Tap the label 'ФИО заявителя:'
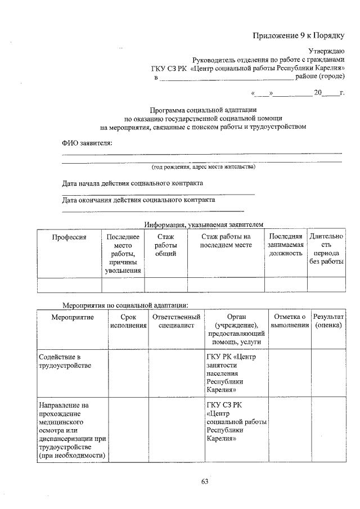pyautogui.click(x=87, y=143)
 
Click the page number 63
pyautogui.click(x=204, y=481)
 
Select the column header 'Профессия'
pyautogui.click(x=69, y=237)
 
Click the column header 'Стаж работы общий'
pyautogui.click(x=165, y=245)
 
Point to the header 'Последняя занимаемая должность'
pyautogui.click(x=285, y=245)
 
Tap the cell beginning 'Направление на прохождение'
pyautogui.click(x=72, y=430)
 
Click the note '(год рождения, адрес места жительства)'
pyautogui.click(x=203, y=167)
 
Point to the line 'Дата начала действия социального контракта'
pyautogui.click(x=132, y=183)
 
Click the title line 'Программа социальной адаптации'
pyautogui.click(x=203, y=110)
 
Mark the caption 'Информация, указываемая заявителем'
pyautogui.click(x=203, y=224)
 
